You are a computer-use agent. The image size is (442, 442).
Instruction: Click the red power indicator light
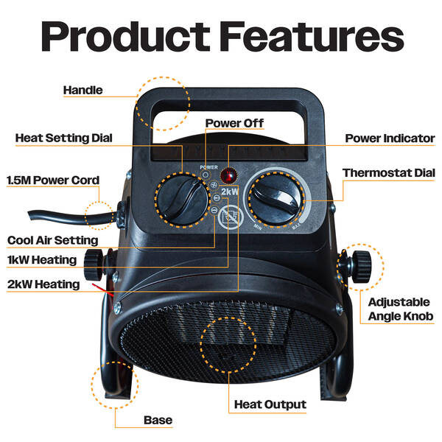(x=228, y=175)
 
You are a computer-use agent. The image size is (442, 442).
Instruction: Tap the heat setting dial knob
(x=183, y=200)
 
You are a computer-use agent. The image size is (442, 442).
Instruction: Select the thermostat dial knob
(x=276, y=199)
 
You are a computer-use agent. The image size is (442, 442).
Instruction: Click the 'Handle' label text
(x=83, y=90)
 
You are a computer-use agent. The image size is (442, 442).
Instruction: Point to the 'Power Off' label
(x=234, y=123)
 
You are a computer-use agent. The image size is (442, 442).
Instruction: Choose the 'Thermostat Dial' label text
(x=389, y=173)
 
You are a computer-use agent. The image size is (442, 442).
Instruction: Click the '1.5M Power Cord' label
(x=53, y=180)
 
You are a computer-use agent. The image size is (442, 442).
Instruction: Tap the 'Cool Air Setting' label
(x=53, y=240)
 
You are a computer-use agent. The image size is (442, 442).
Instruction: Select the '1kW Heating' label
(x=42, y=260)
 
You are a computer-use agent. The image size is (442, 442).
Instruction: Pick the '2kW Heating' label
(x=43, y=284)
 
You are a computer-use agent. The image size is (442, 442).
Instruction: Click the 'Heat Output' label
(x=270, y=404)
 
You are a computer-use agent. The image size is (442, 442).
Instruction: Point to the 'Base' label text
(x=158, y=420)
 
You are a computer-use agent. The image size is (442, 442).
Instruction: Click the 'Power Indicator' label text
(x=390, y=138)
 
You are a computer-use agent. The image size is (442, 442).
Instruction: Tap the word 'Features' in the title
(x=312, y=37)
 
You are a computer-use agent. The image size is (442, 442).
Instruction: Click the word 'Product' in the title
(x=126, y=36)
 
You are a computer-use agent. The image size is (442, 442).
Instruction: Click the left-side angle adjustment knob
(x=94, y=264)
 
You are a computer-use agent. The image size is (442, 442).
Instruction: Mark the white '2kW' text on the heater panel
(x=229, y=192)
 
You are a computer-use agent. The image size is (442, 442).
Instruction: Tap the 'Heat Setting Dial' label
(x=63, y=138)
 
